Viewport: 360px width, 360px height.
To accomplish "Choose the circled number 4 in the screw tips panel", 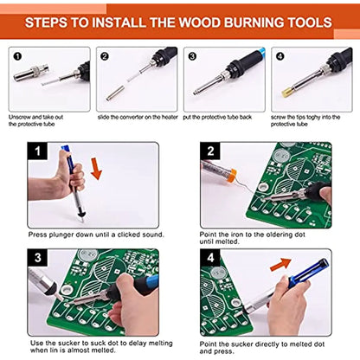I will point(279,55).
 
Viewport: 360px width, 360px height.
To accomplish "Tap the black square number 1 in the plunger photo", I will point(38,154).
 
